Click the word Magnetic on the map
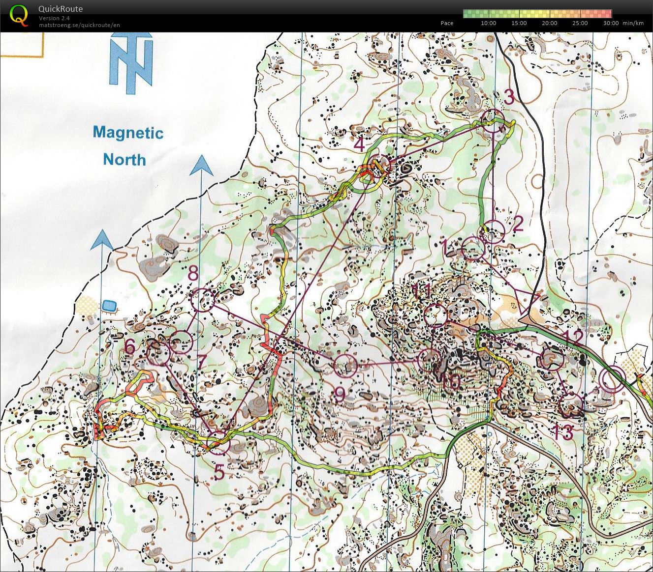(x=128, y=133)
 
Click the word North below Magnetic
(x=124, y=160)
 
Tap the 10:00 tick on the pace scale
(x=488, y=23)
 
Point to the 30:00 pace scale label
(x=610, y=23)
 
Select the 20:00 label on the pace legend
(x=549, y=23)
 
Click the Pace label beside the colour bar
(x=447, y=23)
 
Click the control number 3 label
(x=509, y=97)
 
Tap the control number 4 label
(x=359, y=145)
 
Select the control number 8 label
(x=193, y=273)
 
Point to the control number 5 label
(x=219, y=472)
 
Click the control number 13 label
(x=563, y=432)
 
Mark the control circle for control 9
(x=345, y=365)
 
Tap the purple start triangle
(x=527, y=301)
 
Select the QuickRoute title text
(x=60, y=9)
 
